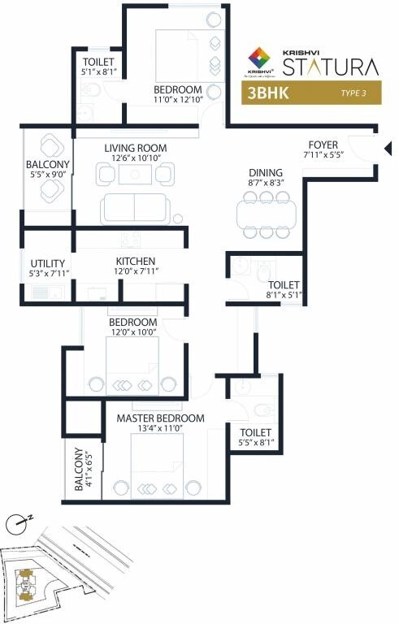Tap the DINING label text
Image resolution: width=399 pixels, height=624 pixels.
coord(266,172)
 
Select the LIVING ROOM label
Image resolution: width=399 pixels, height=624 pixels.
coord(135,148)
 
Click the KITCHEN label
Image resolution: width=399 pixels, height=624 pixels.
coord(135,261)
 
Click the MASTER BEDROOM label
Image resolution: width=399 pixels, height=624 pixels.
coord(160,418)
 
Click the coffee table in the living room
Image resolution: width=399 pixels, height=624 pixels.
coord(135,172)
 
